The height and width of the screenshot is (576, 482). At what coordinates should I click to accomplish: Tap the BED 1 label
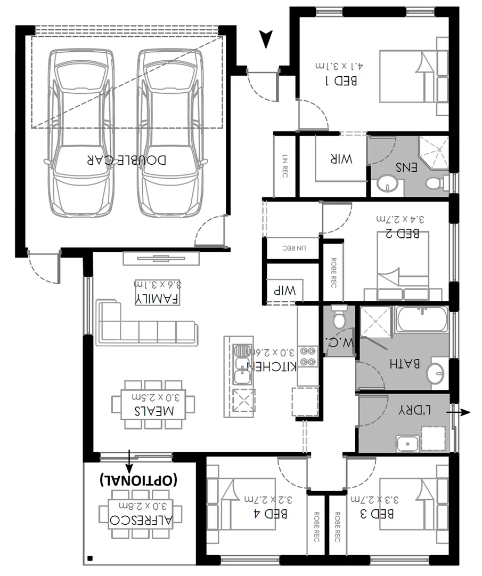click(x=341, y=81)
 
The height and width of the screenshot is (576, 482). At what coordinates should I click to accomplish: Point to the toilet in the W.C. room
click(x=338, y=319)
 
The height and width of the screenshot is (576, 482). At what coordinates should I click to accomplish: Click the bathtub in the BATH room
click(x=421, y=320)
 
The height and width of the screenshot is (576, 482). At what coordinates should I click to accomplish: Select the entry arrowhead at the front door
click(x=266, y=39)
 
